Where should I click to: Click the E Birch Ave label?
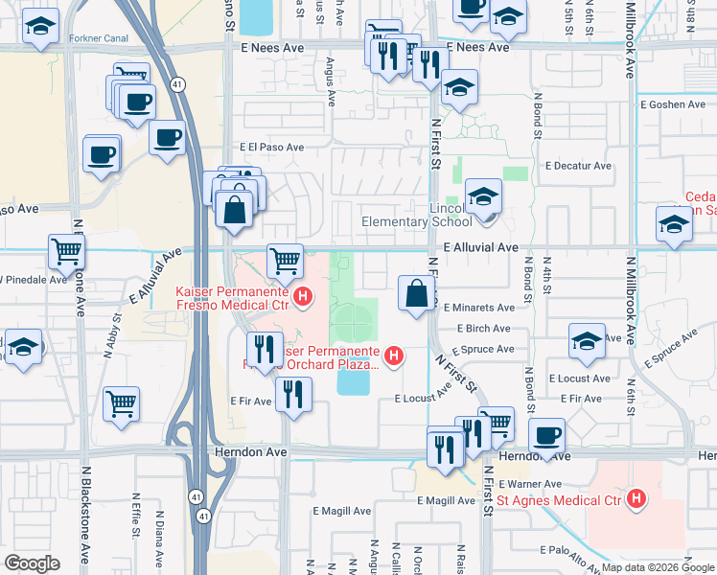pos(484,328)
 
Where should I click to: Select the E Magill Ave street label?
pos(446,500)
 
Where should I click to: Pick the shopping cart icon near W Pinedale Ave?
pos(66,252)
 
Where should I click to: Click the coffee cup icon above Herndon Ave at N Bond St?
pos(546,434)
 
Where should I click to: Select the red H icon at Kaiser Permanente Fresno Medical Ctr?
pos(303,296)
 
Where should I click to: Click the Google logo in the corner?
pos(32,563)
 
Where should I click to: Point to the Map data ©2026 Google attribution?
pos(657,567)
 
